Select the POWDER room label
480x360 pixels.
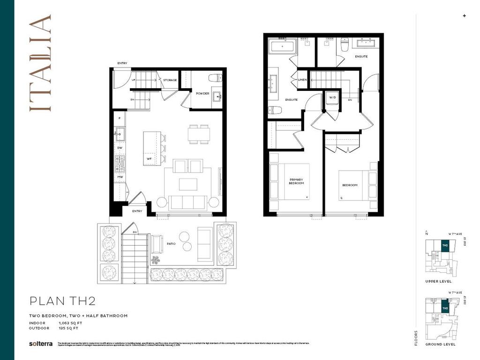pos(202,93)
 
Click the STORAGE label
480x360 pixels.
pos(170,80)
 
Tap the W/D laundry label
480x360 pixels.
pos(332,97)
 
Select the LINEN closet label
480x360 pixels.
pos(302,80)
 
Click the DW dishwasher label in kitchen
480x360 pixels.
pos(120,148)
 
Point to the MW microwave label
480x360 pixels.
pos(120,177)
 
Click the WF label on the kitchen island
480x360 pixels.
pos(149,159)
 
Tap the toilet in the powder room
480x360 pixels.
pos(215,78)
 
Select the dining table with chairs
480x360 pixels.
pos(199,134)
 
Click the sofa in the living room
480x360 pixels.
pos(188,202)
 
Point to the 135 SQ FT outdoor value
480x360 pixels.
pos(68,329)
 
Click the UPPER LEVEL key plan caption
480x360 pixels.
pos(439,281)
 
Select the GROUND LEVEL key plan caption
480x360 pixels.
pos(440,344)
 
